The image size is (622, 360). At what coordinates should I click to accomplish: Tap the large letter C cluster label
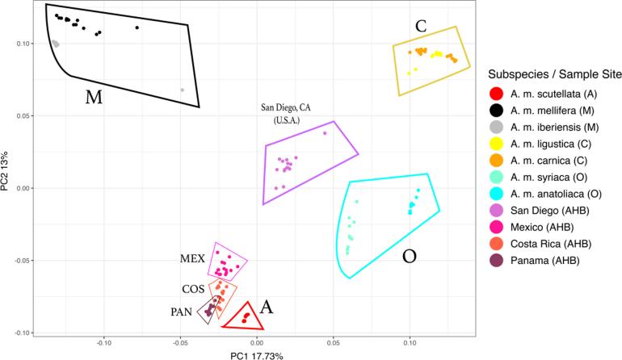coord(421,26)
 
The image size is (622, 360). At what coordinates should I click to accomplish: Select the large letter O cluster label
coord(410,257)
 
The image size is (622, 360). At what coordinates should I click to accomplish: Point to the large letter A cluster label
coord(267,307)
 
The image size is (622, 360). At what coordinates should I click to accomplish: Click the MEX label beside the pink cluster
coord(192,260)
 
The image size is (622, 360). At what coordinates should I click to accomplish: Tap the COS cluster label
coord(192,288)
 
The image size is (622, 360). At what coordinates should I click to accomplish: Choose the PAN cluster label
coord(191,311)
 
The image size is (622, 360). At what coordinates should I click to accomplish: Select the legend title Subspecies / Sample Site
coord(548,73)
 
